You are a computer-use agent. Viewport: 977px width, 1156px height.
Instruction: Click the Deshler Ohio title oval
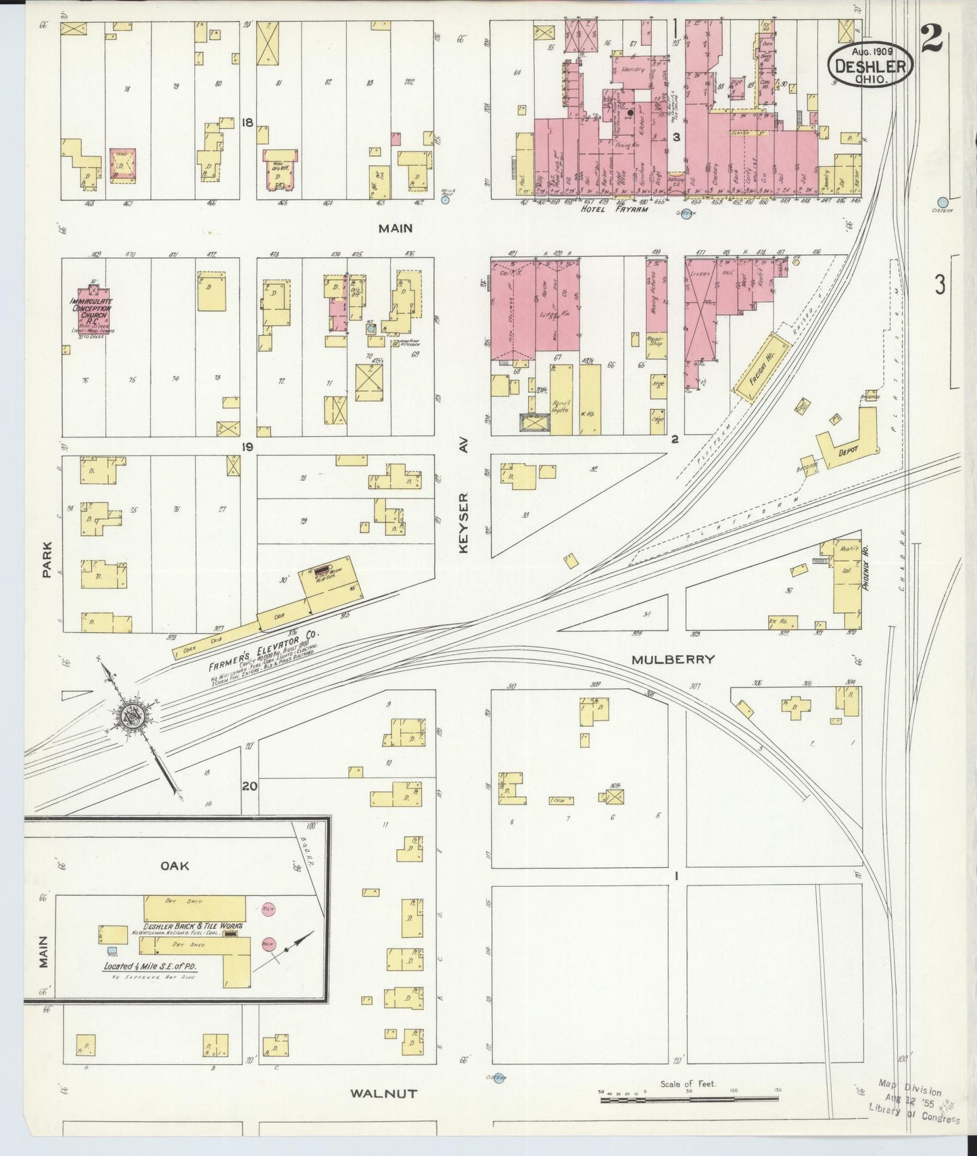[x=870, y=65]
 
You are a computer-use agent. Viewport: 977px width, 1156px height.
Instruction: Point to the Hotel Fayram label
[x=614, y=210]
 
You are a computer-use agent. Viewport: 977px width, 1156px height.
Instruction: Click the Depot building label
[x=848, y=450]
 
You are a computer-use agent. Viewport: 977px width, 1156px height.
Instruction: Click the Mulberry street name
[x=673, y=659]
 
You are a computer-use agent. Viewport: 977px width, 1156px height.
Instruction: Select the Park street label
[x=47, y=559]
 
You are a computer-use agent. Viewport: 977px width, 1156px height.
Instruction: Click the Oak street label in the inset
[x=174, y=865]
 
